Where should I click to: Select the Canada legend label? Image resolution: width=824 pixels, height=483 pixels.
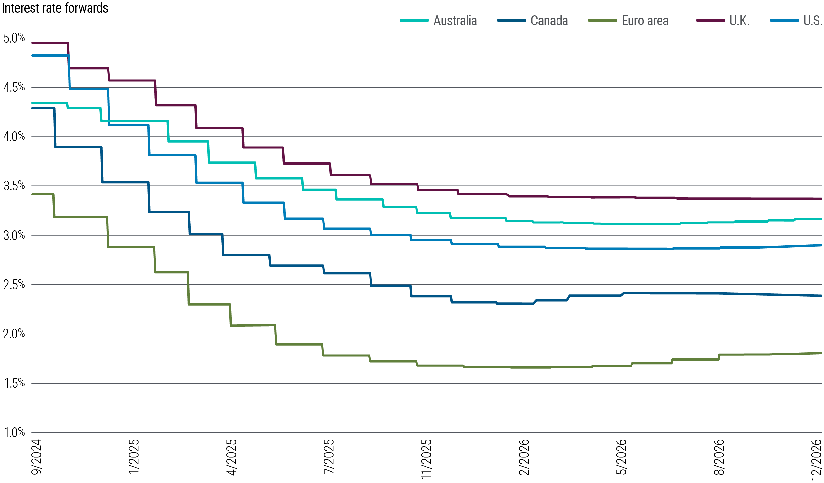point(549,21)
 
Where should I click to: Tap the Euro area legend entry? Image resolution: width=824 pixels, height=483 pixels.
point(645,21)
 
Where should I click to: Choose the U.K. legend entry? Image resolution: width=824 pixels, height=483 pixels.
point(739,21)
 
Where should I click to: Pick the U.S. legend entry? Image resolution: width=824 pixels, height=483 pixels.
point(812,21)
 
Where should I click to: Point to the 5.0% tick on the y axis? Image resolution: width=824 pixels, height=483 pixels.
point(14,38)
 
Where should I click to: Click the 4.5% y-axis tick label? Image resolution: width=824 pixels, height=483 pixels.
point(14,87)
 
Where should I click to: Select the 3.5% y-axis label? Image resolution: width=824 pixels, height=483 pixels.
point(14,186)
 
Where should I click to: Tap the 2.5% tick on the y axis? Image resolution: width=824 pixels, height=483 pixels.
point(14,285)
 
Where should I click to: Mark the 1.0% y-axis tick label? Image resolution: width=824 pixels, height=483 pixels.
point(14,432)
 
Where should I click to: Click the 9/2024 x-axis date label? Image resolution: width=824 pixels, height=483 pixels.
point(36,457)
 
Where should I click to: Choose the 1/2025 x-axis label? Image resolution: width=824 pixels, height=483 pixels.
point(134,457)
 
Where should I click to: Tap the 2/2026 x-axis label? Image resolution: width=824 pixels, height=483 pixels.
point(524,457)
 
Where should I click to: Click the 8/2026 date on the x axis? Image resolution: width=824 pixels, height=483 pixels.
point(719,457)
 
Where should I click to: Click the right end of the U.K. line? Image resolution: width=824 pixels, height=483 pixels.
point(821,198)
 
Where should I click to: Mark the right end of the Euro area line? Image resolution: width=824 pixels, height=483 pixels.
point(821,353)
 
